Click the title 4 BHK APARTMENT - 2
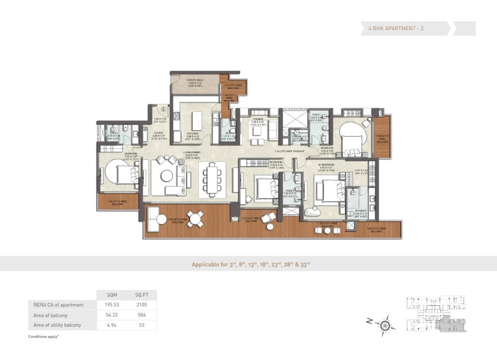point(393,29)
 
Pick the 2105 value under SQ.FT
point(141,305)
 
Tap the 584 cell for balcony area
point(141,315)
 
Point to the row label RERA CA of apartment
point(56,305)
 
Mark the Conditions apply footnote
point(46,336)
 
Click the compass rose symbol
point(385,323)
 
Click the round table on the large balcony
point(196,219)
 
